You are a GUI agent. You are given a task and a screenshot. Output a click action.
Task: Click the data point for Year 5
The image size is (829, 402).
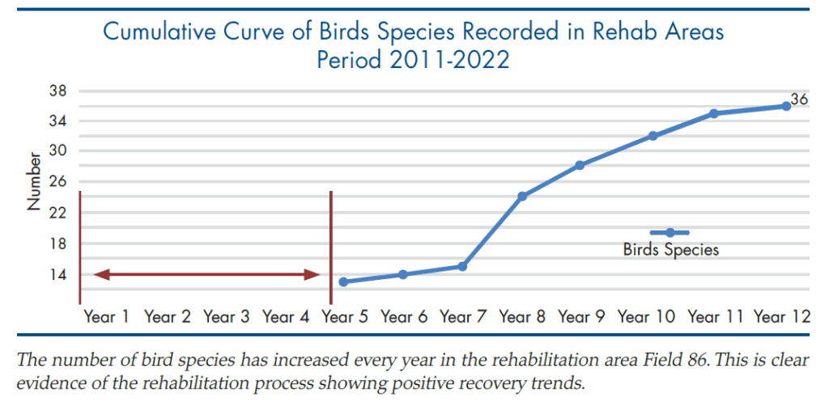coord(344,281)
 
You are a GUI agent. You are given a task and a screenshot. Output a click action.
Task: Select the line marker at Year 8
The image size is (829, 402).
coord(522,197)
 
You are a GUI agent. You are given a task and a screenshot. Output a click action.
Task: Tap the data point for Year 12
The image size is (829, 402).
coord(786,106)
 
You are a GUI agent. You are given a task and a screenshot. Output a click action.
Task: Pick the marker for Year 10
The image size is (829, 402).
coord(653,136)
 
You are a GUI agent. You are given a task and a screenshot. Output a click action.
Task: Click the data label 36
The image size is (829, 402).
coord(799,100)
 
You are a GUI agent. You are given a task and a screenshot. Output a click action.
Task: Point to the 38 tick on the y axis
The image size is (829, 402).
coord(57,91)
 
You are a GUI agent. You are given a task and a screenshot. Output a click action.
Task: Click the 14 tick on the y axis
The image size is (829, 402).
coord(57,274)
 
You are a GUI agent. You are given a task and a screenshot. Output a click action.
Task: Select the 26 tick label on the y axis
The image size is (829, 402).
coord(57,182)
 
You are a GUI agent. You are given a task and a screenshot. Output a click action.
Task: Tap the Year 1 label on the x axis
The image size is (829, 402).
coord(107,317)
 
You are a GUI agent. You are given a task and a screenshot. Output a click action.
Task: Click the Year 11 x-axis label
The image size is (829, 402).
coord(716,317)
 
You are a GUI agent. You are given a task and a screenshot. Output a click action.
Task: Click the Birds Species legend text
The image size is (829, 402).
coord(671,249)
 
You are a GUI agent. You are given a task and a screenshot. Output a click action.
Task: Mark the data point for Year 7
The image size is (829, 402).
coord(462,266)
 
